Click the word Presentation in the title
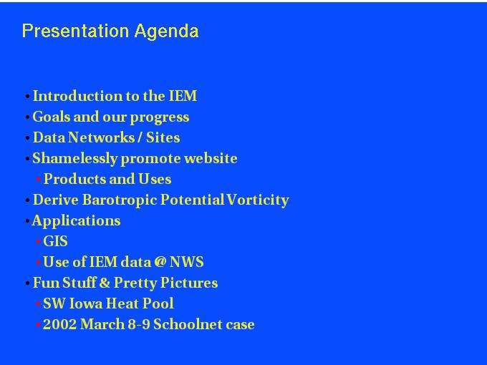pos(75,31)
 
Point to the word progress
pos(159,118)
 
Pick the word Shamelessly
pos(75,159)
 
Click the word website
pos(211,158)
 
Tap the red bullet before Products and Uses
pos(38,180)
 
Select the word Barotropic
pos(120,200)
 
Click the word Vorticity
pos(258,200)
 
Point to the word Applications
pos(76,221)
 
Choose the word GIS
pos(55,241)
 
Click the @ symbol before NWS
pos(160,262)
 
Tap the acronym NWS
pos(186,262)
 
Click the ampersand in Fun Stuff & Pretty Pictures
pos(105,283)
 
